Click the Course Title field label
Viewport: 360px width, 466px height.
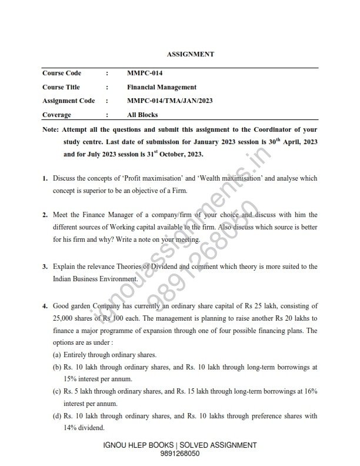pos(62,87)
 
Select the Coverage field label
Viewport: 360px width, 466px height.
pos(56,115)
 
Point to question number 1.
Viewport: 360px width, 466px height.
pos(45,178)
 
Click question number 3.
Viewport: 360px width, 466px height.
pos(45,267)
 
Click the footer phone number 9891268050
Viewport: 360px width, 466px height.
pos(179,454)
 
